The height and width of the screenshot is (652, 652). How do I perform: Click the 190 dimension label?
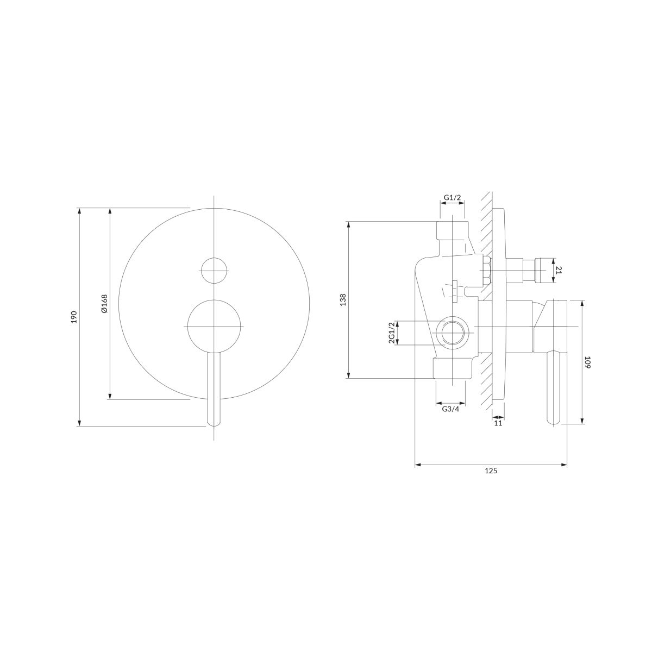click(x=74, y=317)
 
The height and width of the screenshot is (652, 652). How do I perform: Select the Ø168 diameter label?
click(x=104, y=304)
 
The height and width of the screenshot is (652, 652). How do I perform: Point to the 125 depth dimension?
click(x=491, y=471)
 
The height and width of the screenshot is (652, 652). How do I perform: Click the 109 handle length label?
click(x=587, y=362)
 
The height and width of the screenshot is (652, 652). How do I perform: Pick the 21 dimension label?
click(x=559, y=270)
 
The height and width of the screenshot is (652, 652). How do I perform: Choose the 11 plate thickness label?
click(x=498, y=423)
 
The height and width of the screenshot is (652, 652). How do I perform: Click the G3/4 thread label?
click(x=450, y=409)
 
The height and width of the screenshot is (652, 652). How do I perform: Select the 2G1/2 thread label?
click(x=391, y=333)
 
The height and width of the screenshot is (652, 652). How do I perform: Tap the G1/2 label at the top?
click(x=453, y=198)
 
